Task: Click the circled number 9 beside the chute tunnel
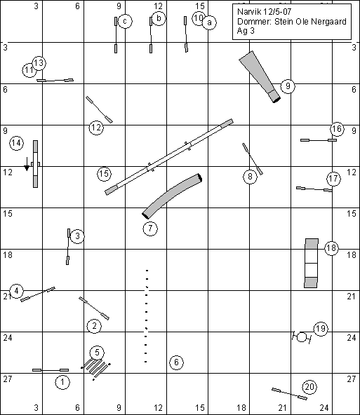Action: point(288,86)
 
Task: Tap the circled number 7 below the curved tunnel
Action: point(150,228)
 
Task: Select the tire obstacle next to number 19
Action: point(302,337)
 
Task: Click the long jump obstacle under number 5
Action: point(95,367)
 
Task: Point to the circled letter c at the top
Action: point(125,21)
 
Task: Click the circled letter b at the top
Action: point(159,18)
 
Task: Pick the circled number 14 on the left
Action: point(16,143)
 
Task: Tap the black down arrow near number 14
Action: point(27,164)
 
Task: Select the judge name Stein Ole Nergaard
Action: point(310,22)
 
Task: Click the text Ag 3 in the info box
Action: point(246,31)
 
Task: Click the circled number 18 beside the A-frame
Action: point(331,248)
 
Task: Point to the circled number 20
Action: point(309,387)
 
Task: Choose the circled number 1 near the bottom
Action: point(62,382)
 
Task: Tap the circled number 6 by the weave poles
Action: point(176,362)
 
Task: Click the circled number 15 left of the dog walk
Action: point(104,174)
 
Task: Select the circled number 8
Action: point(250,176)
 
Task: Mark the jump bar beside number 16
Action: point(319,140)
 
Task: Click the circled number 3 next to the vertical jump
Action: point(77,236)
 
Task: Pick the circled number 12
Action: point(96,128)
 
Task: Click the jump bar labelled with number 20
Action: point(290,394)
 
